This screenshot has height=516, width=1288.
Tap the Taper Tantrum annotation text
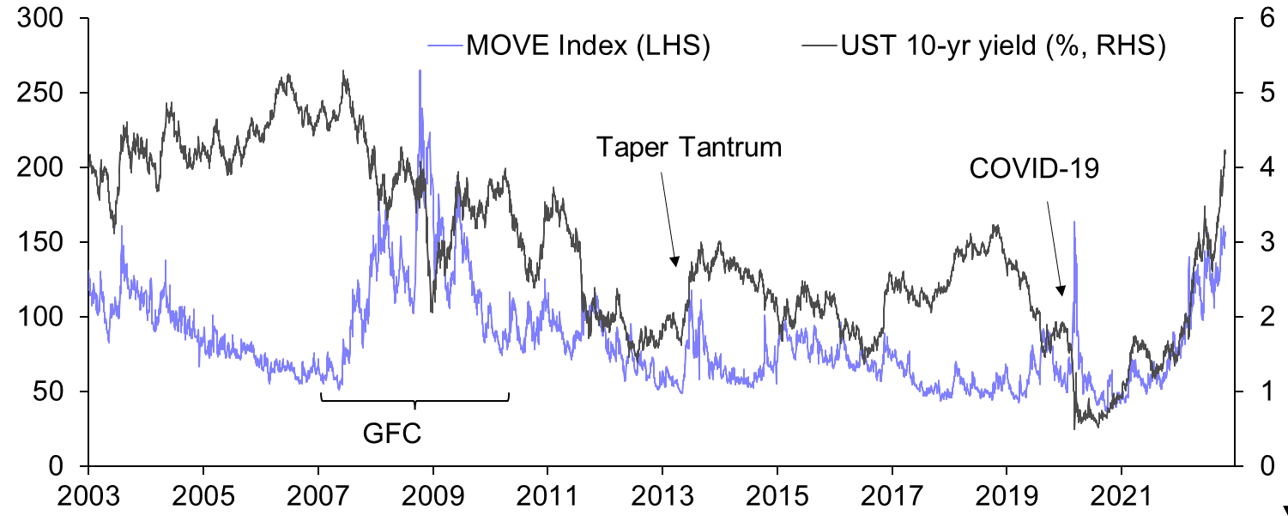point(689,147)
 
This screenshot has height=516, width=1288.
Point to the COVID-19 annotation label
point(1033,169)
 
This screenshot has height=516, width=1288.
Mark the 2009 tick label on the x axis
point(432,496)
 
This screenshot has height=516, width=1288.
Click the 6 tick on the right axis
point(1257,18)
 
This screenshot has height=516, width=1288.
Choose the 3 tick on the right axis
point(1257,243)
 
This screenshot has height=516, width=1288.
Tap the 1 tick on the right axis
point(1257,392)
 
